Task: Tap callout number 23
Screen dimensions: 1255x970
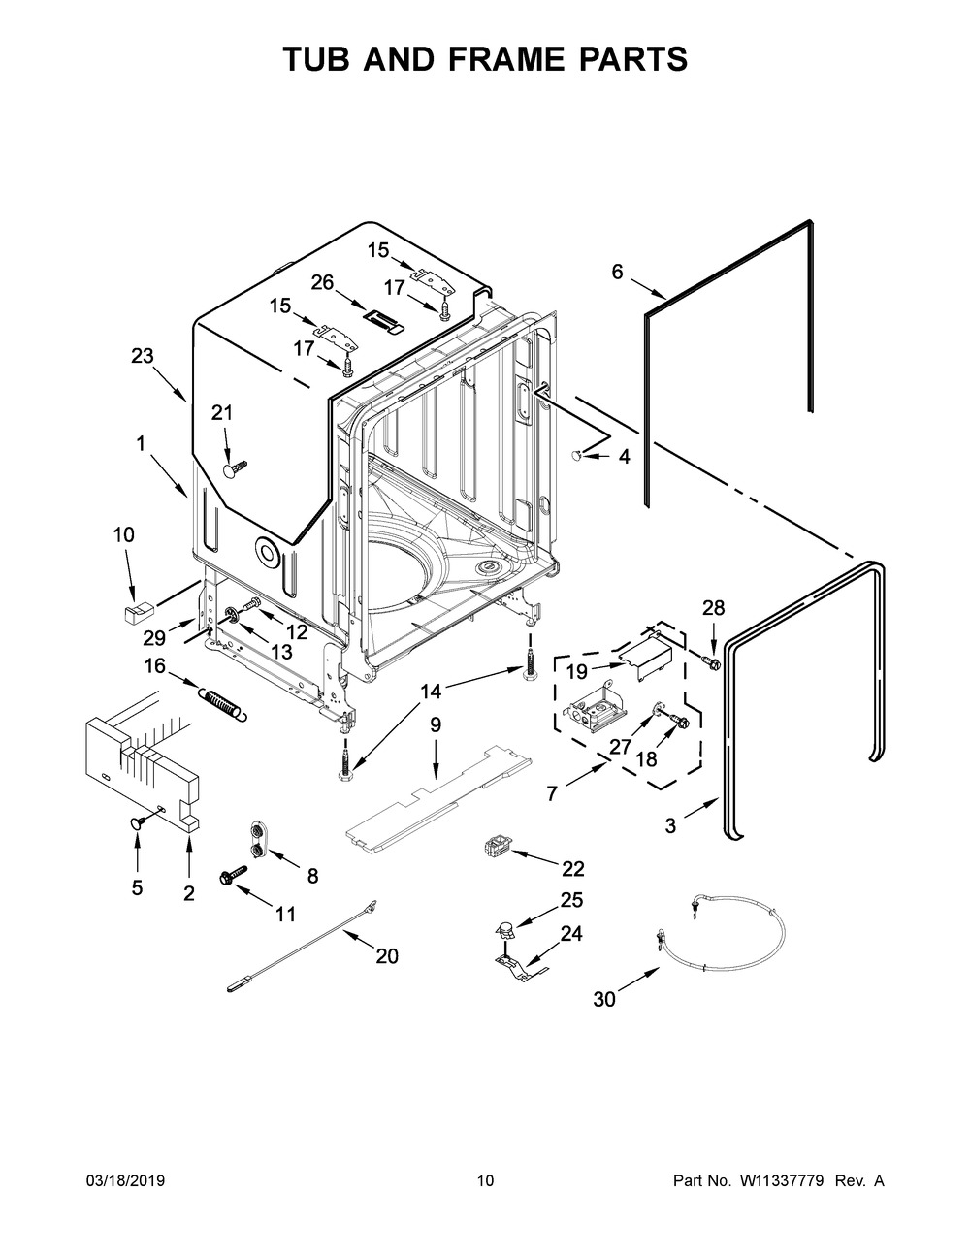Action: point(143,356)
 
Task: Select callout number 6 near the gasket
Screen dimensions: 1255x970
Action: point(618,273)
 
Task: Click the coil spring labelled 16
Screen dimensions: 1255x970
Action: point(224,704)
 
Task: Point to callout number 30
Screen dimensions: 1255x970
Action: point(604,999)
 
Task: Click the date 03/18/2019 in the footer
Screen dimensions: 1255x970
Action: point(125,1180)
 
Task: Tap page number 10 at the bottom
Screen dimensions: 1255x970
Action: point(485,1180)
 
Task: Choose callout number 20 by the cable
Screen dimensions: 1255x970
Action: point(386,955)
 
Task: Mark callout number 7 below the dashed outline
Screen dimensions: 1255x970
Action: point(552,793)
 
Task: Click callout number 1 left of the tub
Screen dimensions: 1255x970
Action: point(141,443)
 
